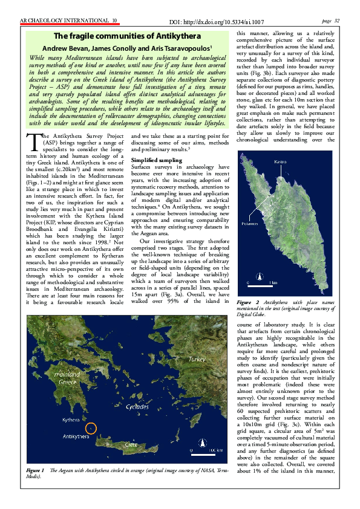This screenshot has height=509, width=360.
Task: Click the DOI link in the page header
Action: coord(230,21)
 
